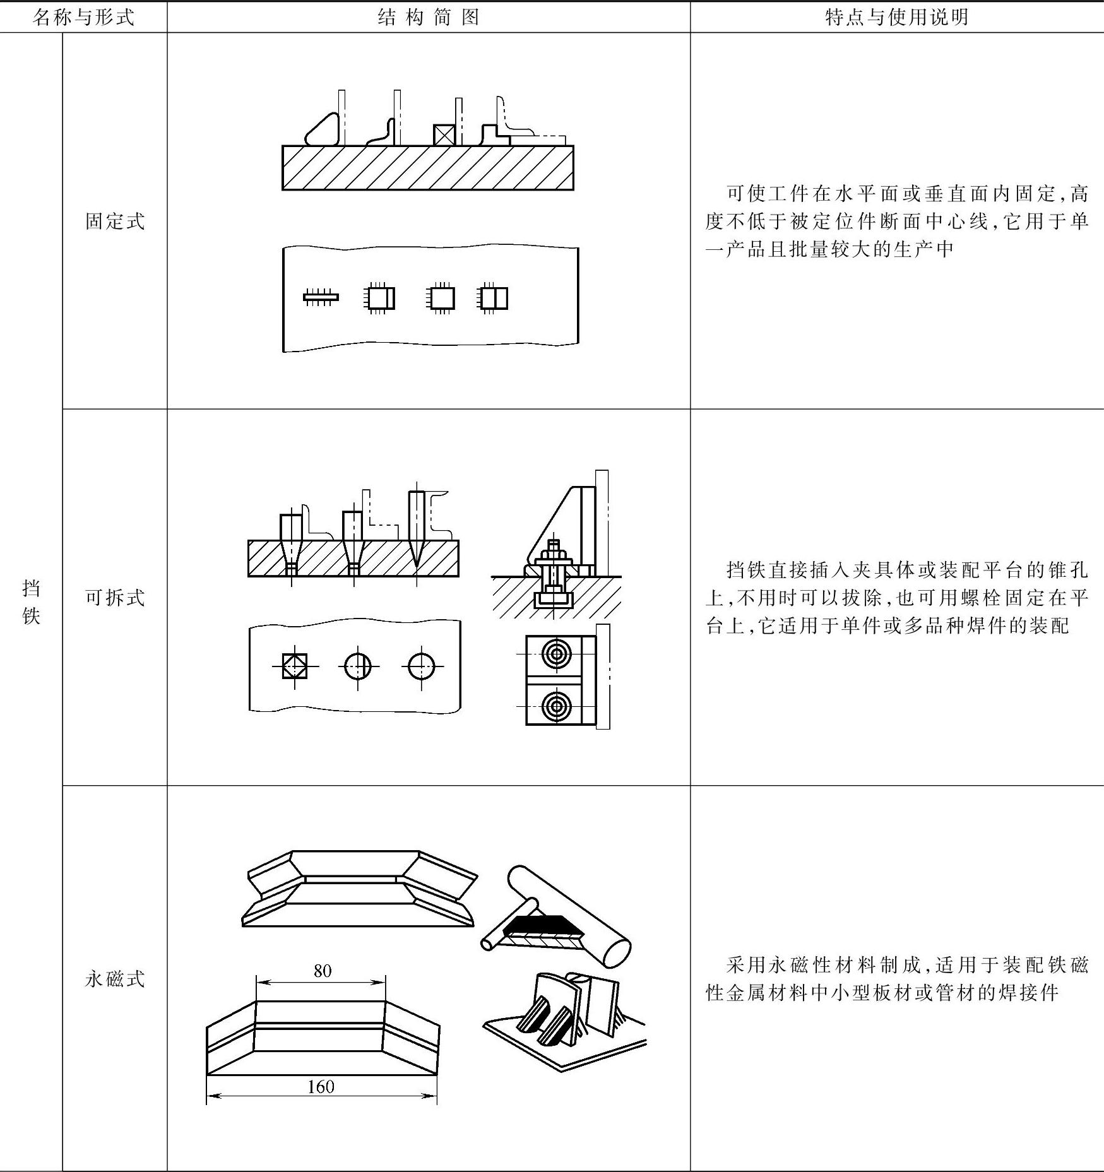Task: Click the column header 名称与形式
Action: coord(83,17)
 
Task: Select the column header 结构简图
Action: coord(429,17)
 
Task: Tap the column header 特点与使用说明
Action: coord(896,17)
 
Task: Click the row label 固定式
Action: coord(115,222)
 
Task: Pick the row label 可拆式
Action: coord(115,597)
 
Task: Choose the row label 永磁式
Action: coord(115,979)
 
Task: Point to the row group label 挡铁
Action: coord(31,602)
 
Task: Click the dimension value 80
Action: coord(322,971)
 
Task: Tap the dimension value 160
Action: coord(321,1087)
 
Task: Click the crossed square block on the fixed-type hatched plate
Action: coord(444,135)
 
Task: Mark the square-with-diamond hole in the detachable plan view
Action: coord(295,666)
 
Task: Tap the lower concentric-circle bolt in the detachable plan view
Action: coord(556,705)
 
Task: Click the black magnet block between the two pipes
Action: coord(542,926)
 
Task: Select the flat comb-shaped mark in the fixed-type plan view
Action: coord(321,297)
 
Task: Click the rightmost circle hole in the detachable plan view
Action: coord(421,666)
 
